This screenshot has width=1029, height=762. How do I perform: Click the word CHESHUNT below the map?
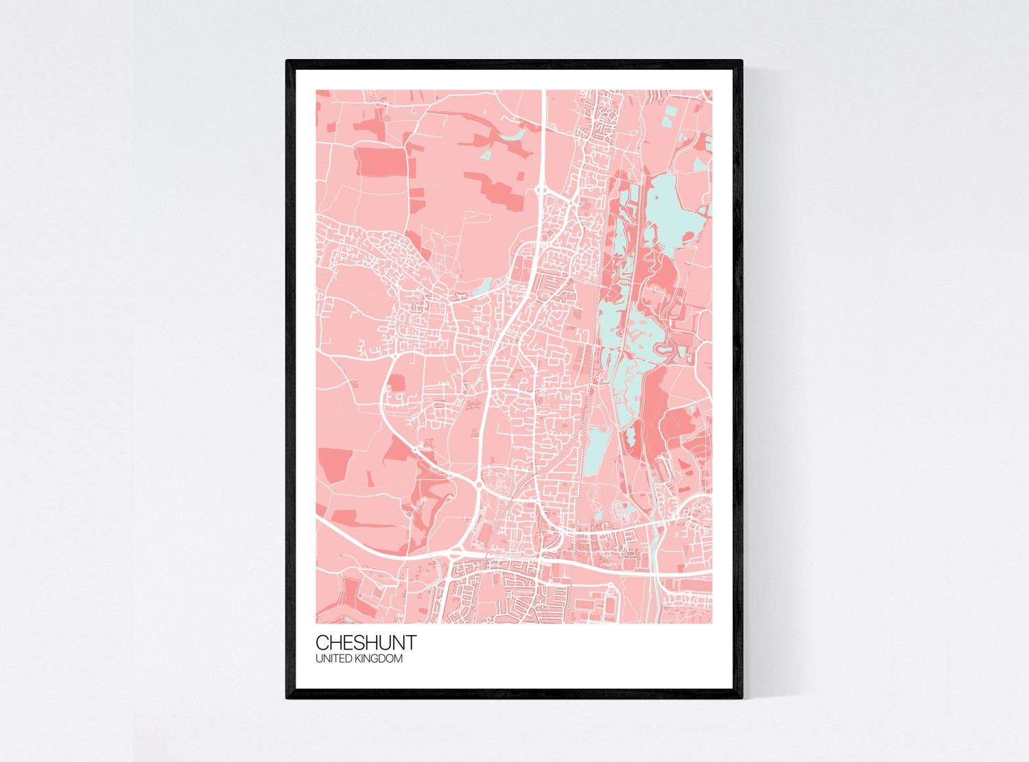tap(365, 643)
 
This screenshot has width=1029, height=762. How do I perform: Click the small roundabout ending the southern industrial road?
tap(610, 586)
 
